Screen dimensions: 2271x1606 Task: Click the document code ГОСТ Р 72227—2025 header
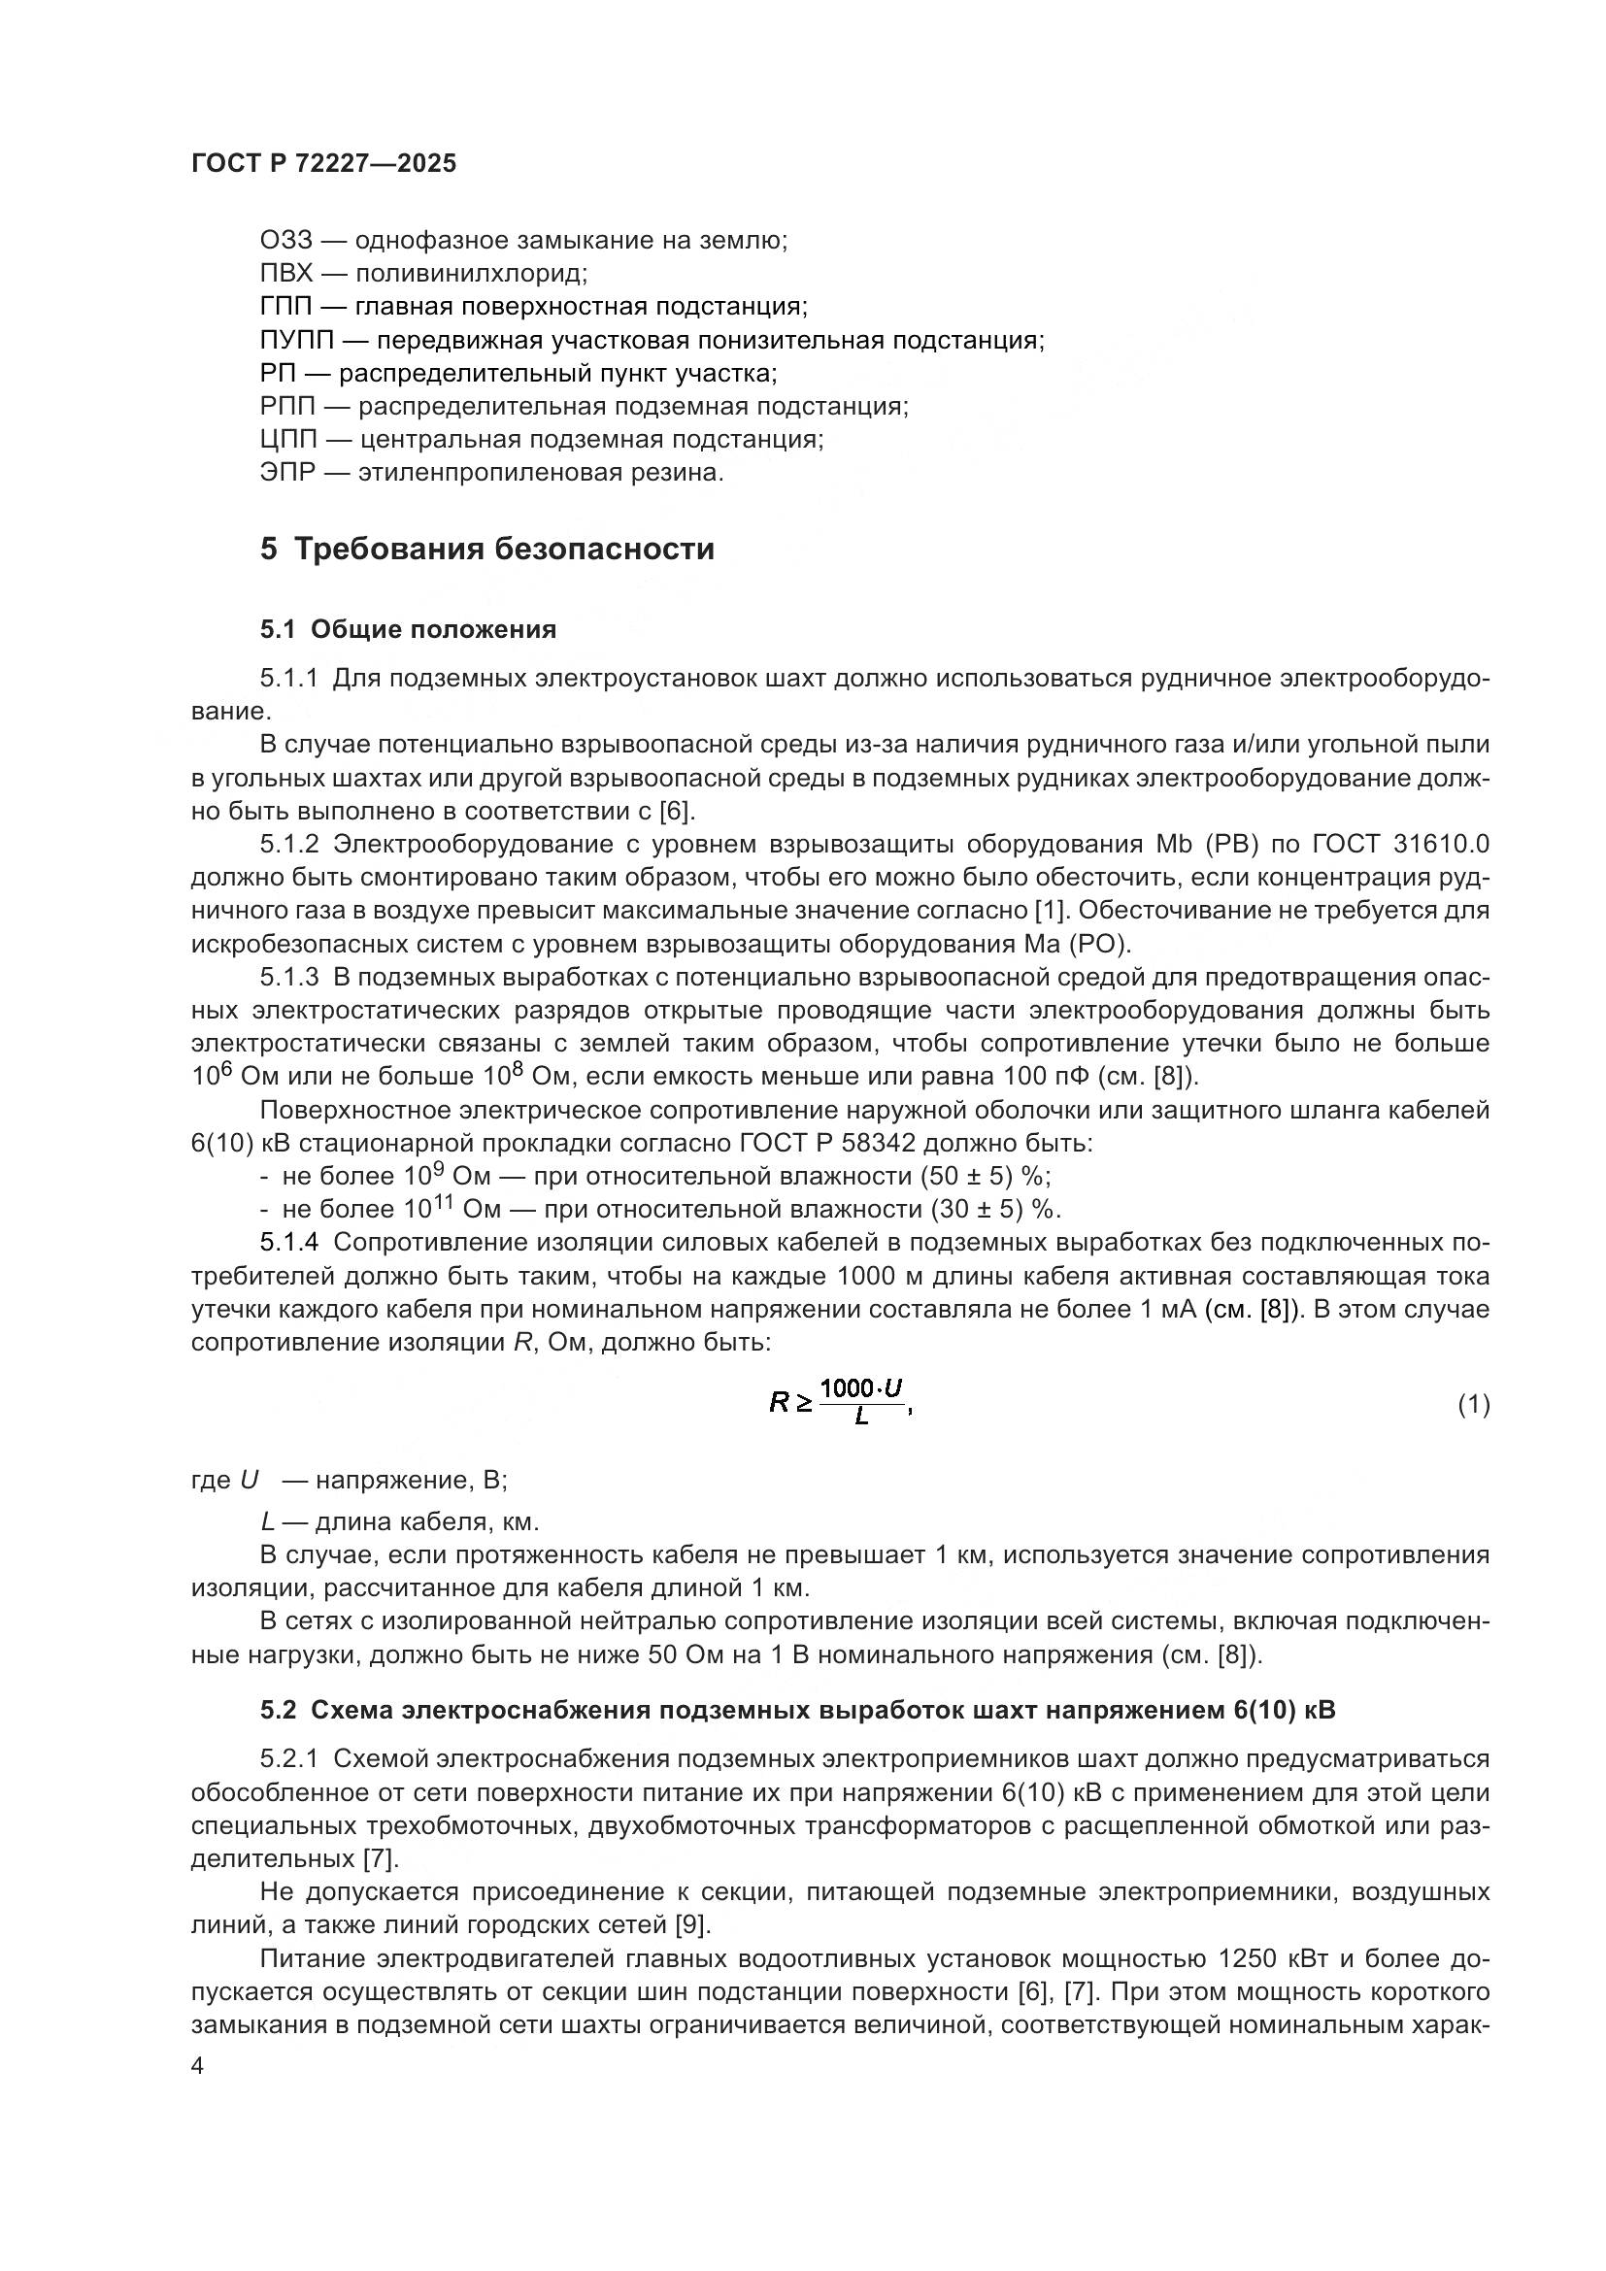pos(323,164)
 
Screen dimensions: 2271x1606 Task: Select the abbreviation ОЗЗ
pos(285,241)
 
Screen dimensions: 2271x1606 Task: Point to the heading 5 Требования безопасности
pos(486,549)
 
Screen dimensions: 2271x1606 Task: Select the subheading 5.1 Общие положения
pos(408,629)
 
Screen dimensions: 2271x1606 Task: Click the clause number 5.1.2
pos(288,844)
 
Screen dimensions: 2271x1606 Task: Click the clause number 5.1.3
pos(288,978)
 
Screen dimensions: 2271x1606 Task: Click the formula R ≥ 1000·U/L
pos(839,1402)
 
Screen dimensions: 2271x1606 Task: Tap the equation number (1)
pos(1474,1405)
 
